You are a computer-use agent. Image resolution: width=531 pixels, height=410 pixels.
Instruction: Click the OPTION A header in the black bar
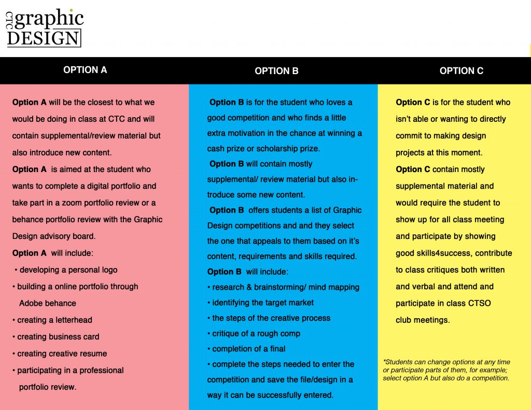[85, 70]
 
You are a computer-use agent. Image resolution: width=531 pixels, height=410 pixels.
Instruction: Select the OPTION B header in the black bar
[276, 71]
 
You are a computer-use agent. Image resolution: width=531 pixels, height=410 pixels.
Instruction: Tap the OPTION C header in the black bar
[461, 71]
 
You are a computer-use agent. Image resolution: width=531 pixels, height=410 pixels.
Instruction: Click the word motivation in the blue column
[247, 133]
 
